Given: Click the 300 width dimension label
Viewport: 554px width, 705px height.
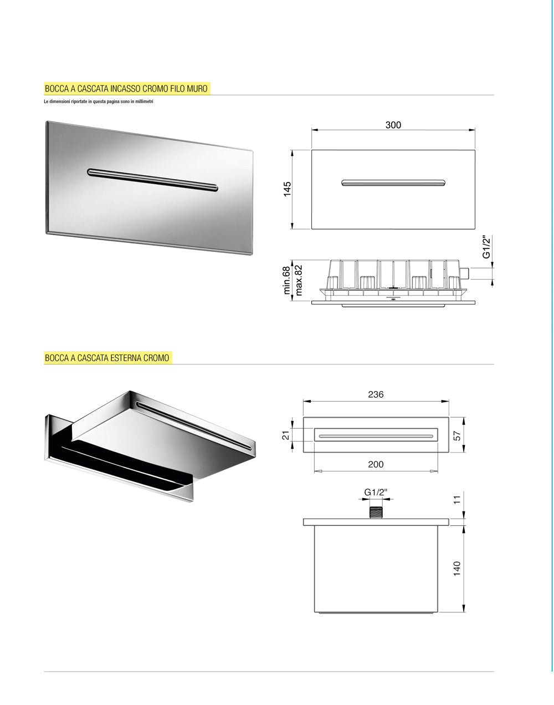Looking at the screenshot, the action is coord(393,125).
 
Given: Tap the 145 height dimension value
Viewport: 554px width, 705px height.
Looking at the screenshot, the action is coord(287,189).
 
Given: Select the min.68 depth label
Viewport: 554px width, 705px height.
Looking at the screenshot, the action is coord(286,281).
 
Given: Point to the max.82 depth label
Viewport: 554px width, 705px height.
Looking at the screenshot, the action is coord(298,281).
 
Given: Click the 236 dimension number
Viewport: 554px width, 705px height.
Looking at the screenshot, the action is coord(376,394).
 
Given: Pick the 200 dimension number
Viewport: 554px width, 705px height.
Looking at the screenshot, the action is coord(376,464).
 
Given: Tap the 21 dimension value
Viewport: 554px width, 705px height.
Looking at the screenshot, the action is coord(286,435).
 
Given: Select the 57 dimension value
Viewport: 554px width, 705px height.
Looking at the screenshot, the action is coord(457,436).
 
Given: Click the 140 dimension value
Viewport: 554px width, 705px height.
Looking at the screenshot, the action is coord(457,569).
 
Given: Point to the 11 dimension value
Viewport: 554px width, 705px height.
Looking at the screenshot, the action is coord(457,500).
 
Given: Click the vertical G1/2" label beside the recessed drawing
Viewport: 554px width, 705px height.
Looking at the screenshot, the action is coord(487,247).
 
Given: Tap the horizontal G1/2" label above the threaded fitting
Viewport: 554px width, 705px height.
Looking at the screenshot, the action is coord(376,493).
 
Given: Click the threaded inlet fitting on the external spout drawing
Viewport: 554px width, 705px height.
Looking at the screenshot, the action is coord(376,513).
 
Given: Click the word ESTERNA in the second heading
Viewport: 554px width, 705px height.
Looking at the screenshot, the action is coord(126,358).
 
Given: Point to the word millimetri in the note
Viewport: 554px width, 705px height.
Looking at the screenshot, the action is coord(144,102).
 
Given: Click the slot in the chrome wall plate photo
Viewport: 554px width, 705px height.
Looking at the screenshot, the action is coord(152,180).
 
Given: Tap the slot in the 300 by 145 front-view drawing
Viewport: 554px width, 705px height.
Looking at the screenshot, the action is coord(393,182).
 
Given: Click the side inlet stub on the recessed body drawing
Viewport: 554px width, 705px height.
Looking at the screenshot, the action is coord(464,273).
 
